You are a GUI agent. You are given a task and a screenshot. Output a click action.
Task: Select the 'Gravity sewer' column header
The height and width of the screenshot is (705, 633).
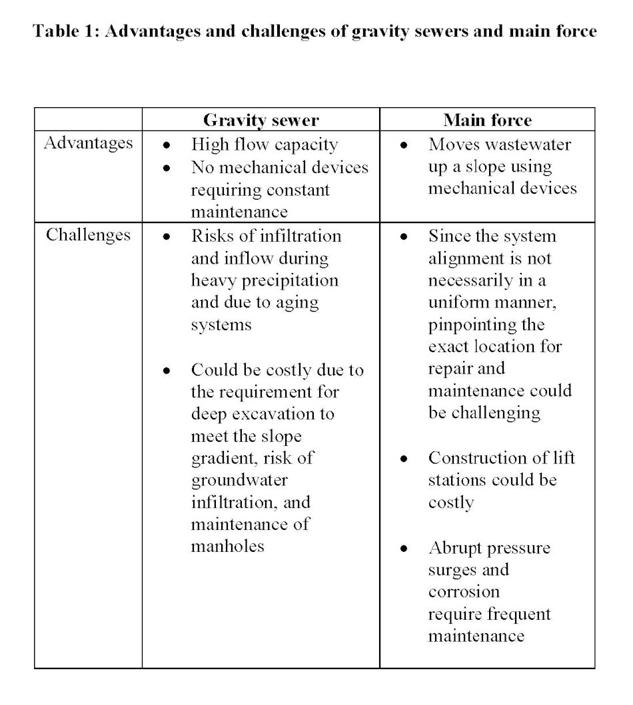[261, 120]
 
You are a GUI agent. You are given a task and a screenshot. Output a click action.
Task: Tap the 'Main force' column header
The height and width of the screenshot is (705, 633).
[487, 120]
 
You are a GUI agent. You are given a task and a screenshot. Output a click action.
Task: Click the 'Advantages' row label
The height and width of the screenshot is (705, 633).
[88, 143]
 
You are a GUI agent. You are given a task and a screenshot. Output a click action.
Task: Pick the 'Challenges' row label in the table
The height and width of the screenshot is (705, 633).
[88, 235]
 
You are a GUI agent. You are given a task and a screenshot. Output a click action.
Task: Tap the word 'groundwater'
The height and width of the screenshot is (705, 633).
[239, 480]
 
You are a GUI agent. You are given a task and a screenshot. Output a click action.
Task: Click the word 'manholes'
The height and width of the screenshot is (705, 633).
[227, 547]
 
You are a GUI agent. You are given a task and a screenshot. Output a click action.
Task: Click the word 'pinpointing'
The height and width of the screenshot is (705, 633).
[486, 325]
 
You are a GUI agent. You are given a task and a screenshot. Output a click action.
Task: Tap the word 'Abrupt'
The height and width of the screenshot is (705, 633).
[456, 548]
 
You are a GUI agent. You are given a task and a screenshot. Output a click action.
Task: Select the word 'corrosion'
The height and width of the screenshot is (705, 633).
[463, 592]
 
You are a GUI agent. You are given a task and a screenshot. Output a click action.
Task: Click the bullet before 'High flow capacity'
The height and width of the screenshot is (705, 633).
[167, 145]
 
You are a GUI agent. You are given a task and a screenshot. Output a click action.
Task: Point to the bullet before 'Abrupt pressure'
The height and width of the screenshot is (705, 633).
[404, 549]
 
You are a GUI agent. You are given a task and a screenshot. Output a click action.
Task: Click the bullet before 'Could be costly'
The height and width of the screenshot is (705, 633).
[167, 371]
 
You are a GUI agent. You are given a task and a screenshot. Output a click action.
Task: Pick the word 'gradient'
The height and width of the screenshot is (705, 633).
[224, 458]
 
